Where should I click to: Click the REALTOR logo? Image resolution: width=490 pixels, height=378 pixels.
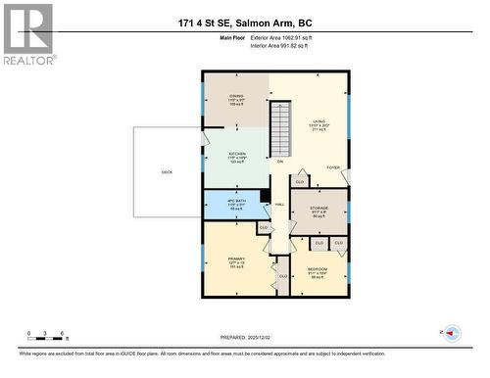(x=27, y=33)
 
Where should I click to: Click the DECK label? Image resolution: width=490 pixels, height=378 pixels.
(x=168, y=172)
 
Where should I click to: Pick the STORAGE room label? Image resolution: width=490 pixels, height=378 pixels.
(x=318, y=208)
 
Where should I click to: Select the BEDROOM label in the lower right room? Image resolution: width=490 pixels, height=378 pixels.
(x=317, y=268)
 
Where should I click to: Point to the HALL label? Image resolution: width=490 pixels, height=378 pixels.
(x=280, y=204)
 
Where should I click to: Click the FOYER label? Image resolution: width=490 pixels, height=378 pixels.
(x=332, y=168)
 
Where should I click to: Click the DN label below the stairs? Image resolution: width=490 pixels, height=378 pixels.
(x=280, y=161)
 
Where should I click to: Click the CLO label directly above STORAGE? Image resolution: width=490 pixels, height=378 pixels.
(x=300, y=182)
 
